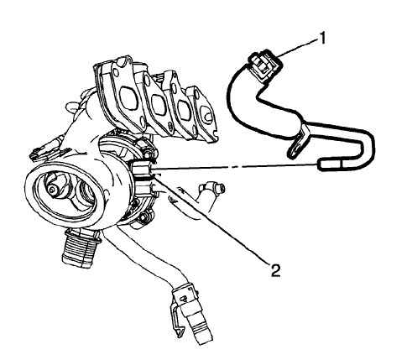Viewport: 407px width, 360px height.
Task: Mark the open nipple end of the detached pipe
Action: [330, 166]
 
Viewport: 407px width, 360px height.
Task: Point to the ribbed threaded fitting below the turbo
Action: [81, 248]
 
